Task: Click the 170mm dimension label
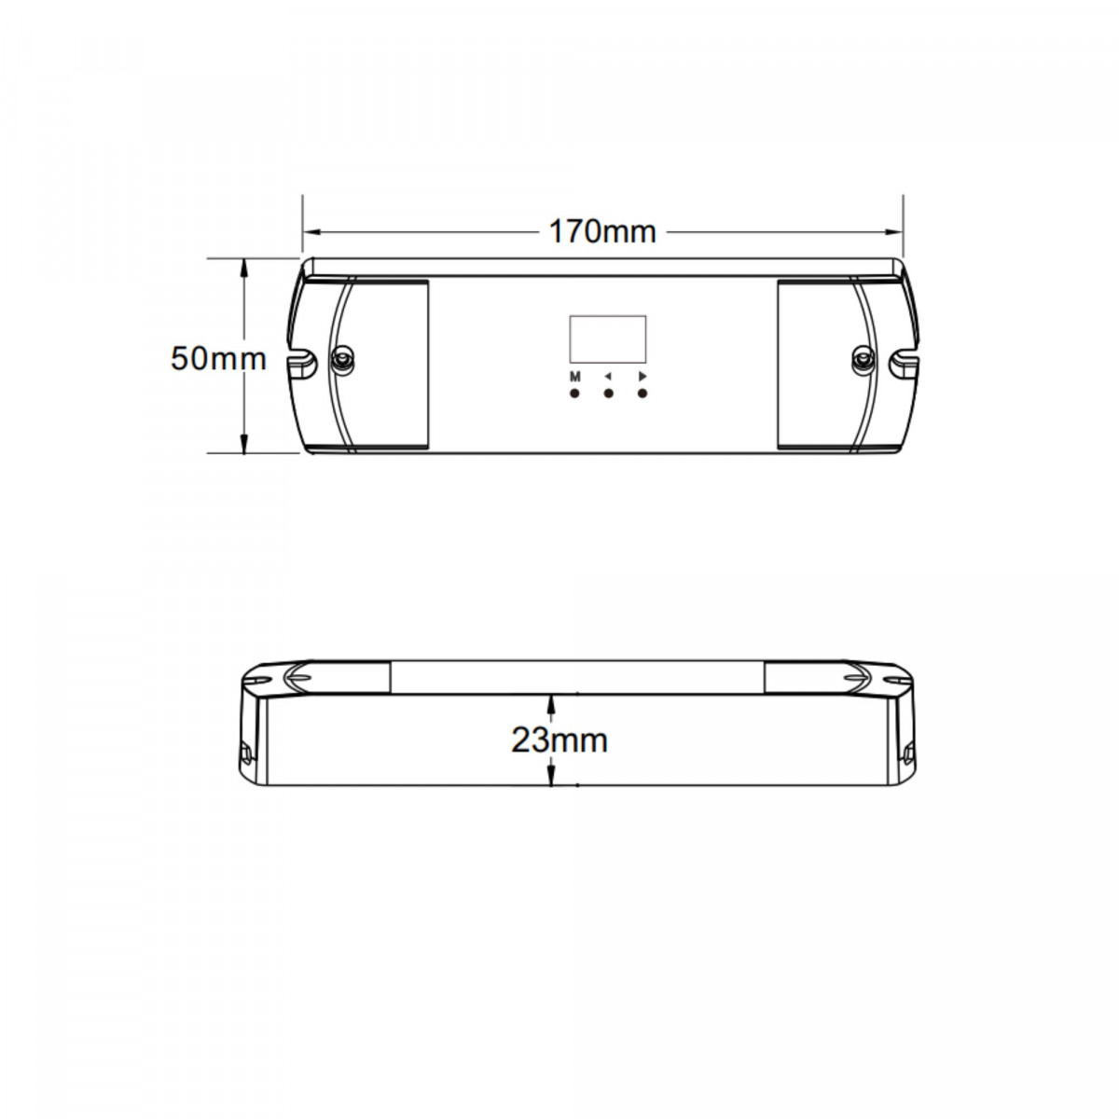[x=601, y=231]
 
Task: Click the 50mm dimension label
[x=218, y=358]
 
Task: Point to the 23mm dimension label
[x=559, y=740]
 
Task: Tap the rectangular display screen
[x=607, y=338]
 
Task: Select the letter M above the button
[x=574, y=377]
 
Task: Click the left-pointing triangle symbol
[x=608, y=377]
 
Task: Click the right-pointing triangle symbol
[x=642, y=377]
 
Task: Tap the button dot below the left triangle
[x=608, y=394]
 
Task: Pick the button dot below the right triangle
[x=642, y=394]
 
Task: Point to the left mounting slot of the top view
[x=301, y=358]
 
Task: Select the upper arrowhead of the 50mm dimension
[x=244, y=266]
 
